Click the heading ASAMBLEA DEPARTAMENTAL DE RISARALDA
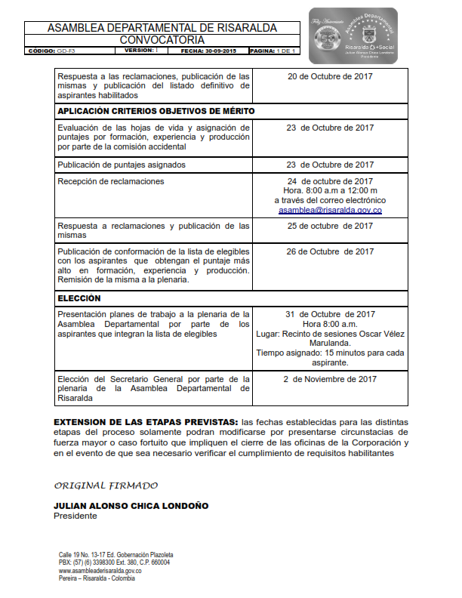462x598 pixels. coord(162,28)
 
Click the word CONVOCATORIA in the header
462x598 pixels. coord(162,39)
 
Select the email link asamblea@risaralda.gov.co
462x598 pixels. coord(330,211)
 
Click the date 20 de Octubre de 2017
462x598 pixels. coord(330,76)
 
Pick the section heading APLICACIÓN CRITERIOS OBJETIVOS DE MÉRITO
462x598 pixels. coord(156,111)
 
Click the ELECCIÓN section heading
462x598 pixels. coord(79,298)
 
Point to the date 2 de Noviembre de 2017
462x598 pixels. coord(330,379)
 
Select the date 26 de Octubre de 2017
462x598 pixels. coord(330,252)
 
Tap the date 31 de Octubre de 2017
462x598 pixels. coord(330,314)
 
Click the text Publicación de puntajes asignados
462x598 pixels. coord(122,165)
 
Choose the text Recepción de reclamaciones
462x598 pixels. coord(111,181)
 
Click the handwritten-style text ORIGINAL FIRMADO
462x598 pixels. coord(106,485)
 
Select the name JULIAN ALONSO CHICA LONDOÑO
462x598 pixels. coord(131,506)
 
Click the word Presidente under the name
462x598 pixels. coord(75,516)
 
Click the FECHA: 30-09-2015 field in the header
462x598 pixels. coord(208,51)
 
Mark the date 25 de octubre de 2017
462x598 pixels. coord(330,226)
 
